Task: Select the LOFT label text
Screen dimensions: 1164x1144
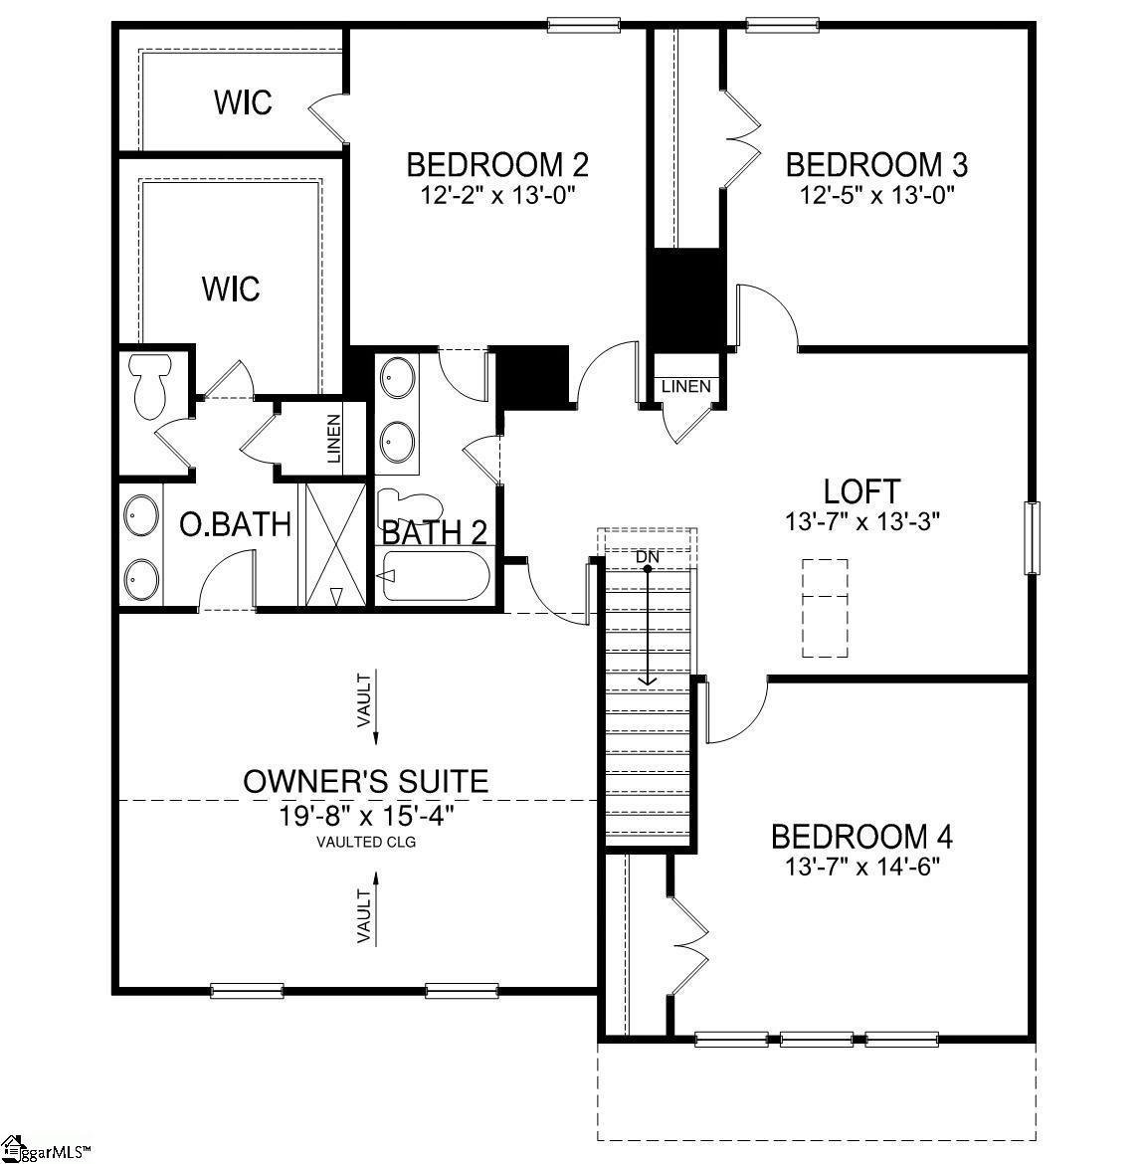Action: pyautogui.click(x=861, y=491)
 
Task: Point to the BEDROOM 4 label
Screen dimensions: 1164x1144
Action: pyautogui.click(x=862, y=836)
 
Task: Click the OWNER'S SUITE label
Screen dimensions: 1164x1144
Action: pyautogui.click(x=366, y=781)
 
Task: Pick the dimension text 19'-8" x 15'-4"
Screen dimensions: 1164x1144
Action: pyautogui.click(x=366, y=816)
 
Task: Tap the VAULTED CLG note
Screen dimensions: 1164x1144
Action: pyautogui.click(x=366, y=843)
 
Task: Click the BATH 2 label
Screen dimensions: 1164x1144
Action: pyautogui.click(x=435, y=533)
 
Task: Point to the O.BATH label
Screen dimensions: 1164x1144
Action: pyautogui.click(x=235, y=524)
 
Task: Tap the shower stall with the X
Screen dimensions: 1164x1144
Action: pyautogui.click(x=334, y=543)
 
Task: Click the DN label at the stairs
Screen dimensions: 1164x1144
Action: pyautogui.click(x=648, y=557)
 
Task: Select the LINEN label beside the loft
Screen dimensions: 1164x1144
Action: pyautogui.click(x=686, y=386)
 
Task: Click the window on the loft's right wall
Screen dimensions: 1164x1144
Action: pyautogui.click(x=1032, y=538)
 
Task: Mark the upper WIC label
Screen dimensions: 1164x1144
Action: pyautogui.click(x=243, y=102)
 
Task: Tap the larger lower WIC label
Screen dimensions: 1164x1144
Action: pyautogui.click(x=231, y=290)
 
